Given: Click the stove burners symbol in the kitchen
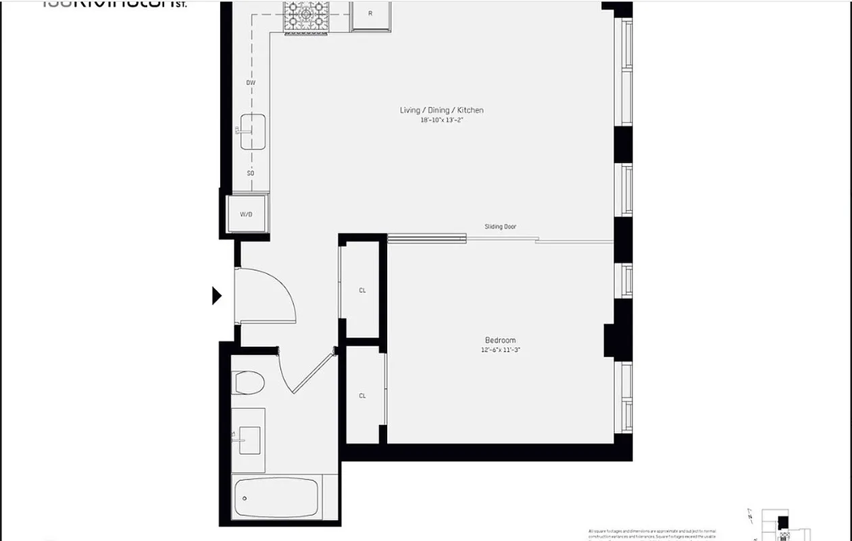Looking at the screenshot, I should pos(307,17).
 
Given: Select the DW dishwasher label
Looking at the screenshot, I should pos(251,83).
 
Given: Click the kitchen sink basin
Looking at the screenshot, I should pos(253,131).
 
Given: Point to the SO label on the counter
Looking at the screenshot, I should pos(251,173).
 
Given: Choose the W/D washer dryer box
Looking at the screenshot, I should pos(247,214).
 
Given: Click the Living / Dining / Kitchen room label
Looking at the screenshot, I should pos(441,110).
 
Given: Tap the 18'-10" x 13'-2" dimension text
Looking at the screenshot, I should pos(441,120).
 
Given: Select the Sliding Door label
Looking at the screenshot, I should pos(500,227).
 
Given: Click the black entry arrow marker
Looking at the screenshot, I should pos(216,296).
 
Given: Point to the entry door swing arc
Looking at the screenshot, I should pos(284,287).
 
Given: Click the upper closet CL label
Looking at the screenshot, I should pos(362,290).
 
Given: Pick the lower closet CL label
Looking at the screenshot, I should pos(362,396).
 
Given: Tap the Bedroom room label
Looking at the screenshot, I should pos(500,340).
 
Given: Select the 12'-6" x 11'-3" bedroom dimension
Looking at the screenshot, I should pos(500,350).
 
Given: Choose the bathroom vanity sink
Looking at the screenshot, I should pos(248,440).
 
